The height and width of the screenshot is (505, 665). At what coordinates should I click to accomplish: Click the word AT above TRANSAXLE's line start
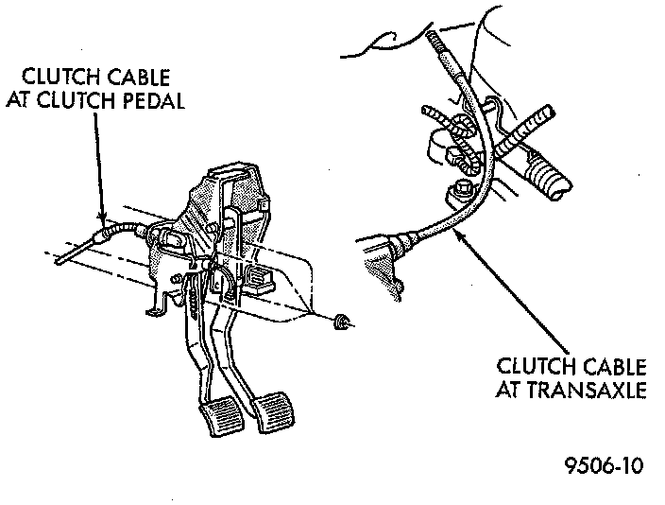click(510, 389)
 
